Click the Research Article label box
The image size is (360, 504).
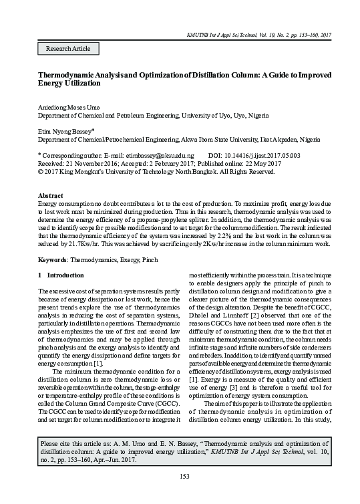click(x=67, y=48)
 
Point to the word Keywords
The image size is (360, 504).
click(x=53, y=257)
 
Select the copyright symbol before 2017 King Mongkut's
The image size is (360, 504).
click(x=40, y=170)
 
